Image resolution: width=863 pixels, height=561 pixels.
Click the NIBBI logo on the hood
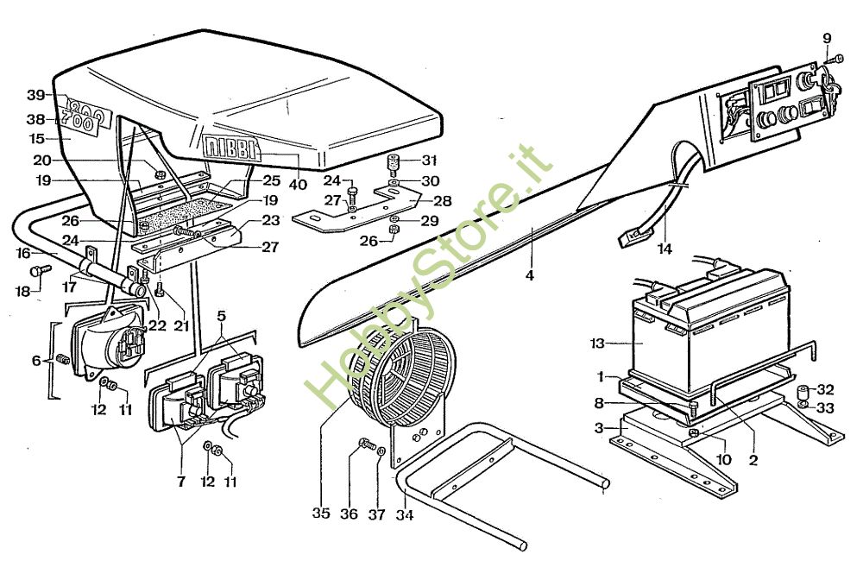tap(230, 148)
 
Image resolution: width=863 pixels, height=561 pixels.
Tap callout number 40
tap(298, 184)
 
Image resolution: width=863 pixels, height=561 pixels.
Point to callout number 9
tap(827, 39)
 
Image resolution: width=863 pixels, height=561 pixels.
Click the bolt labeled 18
tap(41, 270)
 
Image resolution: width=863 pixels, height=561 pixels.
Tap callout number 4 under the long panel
tap(530, 274)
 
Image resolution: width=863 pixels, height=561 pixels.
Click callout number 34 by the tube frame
tap(405, 514)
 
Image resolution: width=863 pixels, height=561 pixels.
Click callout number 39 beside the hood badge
tap(36, 95)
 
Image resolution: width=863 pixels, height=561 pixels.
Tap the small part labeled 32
tap(804, 394)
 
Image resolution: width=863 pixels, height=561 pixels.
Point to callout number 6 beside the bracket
tap(36, 361)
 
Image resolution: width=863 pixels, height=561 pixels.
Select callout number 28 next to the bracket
tap(443, 201)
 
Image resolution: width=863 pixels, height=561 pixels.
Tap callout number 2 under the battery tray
tap(753, 460)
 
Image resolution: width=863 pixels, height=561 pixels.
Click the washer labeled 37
tap(381, 451)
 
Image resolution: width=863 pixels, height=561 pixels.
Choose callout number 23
tap(271, 220)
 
